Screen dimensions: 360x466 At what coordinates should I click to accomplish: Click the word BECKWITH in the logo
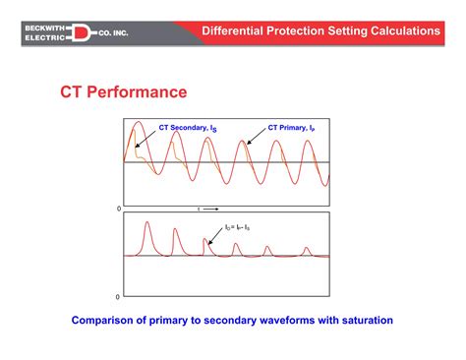click(44, 26)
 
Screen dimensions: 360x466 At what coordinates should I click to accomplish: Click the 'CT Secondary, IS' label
click(188, 128)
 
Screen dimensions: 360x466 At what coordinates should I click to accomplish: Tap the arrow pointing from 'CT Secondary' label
click(149, 140)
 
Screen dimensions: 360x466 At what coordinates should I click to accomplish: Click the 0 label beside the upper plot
click(119, 210)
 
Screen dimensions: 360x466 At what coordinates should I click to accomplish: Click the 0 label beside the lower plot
click(119, 296)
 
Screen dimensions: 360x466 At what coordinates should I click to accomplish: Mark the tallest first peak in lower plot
click(146, 224)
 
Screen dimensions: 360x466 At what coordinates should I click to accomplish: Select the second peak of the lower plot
click(176, 233)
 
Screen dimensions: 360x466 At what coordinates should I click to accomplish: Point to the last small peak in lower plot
click(307, 249)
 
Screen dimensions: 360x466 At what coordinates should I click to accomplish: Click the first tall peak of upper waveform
click(140, 124)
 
